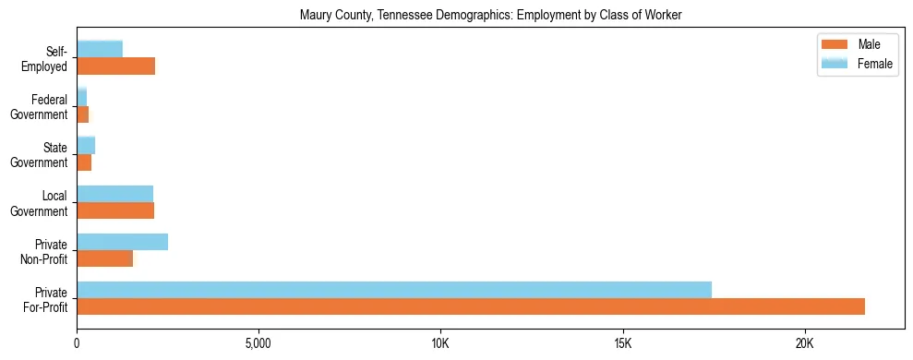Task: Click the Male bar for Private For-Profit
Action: pyautogui.click(x=471, y=306)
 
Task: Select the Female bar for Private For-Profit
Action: pyautogui.click(x=394, y=290)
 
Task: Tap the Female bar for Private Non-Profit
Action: pyautogui.click(x=122, y=242)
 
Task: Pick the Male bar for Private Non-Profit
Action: pyautogui.click(x=104, y=258)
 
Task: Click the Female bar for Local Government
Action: pyautogui.click(x=114, y=194)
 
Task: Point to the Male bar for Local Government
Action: pyautogui.click(x=115, y=210)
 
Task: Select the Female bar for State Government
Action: pyautogui.click(x=86, y=146)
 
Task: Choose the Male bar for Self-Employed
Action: pyautogui.click(x=115, y=66)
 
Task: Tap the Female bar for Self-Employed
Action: pyautogui.click(x=100, y=49)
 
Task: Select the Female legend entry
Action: pyautogui.click(x=858, y=63)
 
